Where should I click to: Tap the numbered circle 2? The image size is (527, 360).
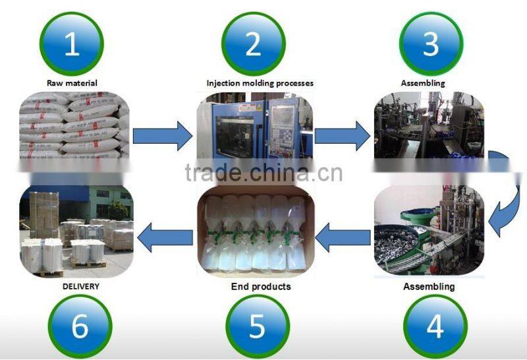tap(253, 44)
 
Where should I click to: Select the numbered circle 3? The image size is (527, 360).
tap(431, 44)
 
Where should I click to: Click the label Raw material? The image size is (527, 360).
tap(72, 84)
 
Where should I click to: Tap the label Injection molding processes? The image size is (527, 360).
tap(260, 84)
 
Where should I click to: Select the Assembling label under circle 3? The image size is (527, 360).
tap(423, 84)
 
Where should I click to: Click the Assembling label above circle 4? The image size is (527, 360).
tap(428, 287)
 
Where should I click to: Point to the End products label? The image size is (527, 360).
tap(261, 287)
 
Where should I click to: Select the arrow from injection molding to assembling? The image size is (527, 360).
tap(342, 136)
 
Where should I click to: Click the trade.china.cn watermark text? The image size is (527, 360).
tap(263, 173)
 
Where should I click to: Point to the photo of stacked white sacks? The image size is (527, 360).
tap(73, 125)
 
